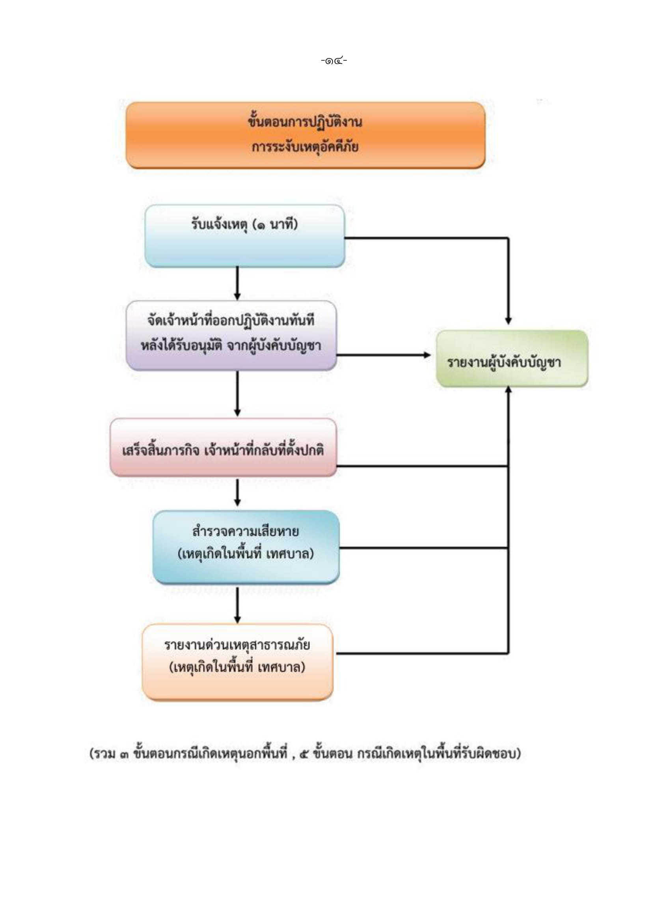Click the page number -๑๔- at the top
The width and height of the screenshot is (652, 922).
point(334,61)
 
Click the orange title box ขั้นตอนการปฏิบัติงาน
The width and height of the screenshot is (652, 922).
point(306,135)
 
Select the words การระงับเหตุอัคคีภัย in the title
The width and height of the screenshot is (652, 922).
point(305,147)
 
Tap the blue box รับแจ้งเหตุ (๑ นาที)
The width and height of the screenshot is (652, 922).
point(244,236)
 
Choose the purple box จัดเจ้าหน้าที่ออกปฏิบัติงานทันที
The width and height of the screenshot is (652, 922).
point(231,335)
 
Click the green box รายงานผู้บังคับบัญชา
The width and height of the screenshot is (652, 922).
point(512,358)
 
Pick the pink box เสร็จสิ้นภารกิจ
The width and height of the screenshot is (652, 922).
point(223,448)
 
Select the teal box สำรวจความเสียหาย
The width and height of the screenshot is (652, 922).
point(246,547)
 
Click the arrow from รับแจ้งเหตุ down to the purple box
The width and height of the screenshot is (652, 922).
point(237,284)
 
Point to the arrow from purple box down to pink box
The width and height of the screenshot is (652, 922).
point(237,394)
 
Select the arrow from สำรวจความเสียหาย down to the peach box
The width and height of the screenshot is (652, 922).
point(237,605)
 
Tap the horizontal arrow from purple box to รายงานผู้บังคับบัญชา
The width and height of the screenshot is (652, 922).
point(384,355)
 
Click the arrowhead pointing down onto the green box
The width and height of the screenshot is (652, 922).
point(508,321)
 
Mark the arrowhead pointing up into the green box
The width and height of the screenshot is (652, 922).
point(508,390)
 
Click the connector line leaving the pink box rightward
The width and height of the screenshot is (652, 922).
point(422,466)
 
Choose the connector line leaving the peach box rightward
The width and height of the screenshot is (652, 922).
point(422,653)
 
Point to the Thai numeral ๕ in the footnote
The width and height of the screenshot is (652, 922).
point(304,754)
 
